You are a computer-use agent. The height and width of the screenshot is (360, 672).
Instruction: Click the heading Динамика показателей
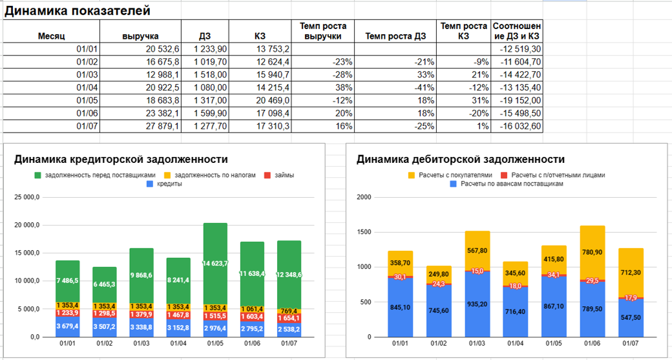[78, 11]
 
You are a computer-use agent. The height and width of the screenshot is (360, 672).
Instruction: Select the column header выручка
[140, 36]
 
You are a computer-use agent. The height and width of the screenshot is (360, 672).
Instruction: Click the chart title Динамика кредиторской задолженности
[120, 160]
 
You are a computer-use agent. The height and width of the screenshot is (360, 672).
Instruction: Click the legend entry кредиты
[167, 184]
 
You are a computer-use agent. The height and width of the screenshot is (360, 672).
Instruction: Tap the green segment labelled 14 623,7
[215, 263]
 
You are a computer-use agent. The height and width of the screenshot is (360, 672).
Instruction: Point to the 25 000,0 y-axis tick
[27, 196]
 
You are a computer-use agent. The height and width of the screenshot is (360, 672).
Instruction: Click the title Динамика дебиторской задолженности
[461, 160]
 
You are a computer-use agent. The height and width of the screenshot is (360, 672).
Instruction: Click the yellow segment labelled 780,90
[592, 252]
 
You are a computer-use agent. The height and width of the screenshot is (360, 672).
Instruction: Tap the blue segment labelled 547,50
[631, 318]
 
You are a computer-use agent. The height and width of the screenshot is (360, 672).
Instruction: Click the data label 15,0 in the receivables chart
[478, 271]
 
